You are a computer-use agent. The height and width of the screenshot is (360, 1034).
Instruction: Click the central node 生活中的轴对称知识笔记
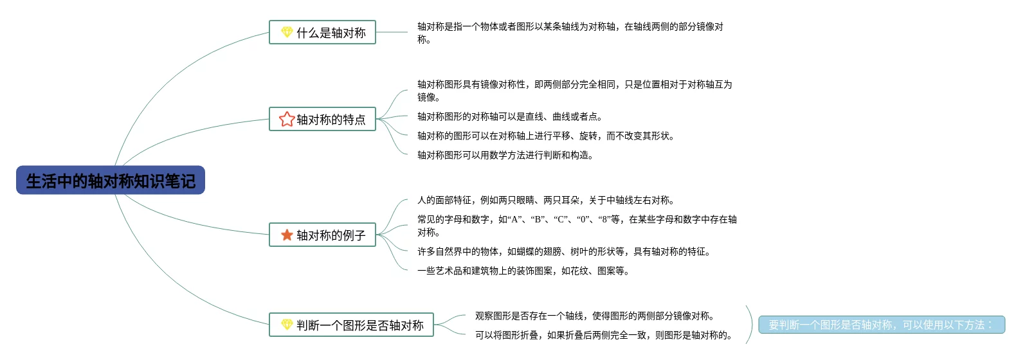pyautogui.click(x=111, y=181)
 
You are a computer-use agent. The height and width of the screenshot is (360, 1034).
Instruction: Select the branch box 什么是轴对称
pyautogui.click(x=322, y=32)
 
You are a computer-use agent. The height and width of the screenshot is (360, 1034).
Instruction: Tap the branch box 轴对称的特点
pyautogui.click(x=322, y=120)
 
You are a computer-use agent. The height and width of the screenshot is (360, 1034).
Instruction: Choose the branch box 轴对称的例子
pyautogui.click(x=322, y=235)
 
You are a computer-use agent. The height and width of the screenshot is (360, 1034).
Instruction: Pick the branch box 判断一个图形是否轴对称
pyautogui.click(x=351, y=325)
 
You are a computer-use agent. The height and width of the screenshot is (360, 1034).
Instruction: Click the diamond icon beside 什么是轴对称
pyautogui.click(x=287, y=32)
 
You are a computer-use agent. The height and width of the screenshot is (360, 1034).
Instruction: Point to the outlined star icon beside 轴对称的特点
pyautogui.click(x=287, y=119)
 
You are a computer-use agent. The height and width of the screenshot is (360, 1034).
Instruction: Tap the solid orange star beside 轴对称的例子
pyautogui.click(x=287, y=235)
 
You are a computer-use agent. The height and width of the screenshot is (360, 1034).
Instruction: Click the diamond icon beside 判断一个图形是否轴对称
pyautogui.click(x=287, y=325)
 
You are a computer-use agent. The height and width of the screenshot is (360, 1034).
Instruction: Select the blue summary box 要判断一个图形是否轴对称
pyautogui.click(x=881, y=325)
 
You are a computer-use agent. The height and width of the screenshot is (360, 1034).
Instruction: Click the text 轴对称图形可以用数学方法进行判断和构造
pyautogui.click(x=505, y=155)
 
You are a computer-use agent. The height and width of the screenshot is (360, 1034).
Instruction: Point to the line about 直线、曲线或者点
pyautogui.click(x=509, y=116)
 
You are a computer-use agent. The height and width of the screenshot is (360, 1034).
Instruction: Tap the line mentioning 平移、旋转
pyautogui.click(x=545, y=136)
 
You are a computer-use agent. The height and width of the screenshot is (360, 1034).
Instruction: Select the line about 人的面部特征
pyautogui.click(x=545, y=200)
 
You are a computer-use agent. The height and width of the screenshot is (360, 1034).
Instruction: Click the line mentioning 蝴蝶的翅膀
pyautogui.click(x=563, y=251)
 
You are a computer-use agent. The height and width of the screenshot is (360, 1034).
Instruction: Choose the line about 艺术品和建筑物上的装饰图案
pyautogui.click(x=523, y=271)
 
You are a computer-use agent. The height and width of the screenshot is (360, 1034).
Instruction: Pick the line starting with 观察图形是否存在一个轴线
pyautogui.click(x=594, y=316)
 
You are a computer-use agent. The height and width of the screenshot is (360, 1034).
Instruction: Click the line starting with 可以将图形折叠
pyautogui.click(x=603, y=335)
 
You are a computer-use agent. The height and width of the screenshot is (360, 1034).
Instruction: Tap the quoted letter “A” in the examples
pyautogui.click(x=516, y=219)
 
